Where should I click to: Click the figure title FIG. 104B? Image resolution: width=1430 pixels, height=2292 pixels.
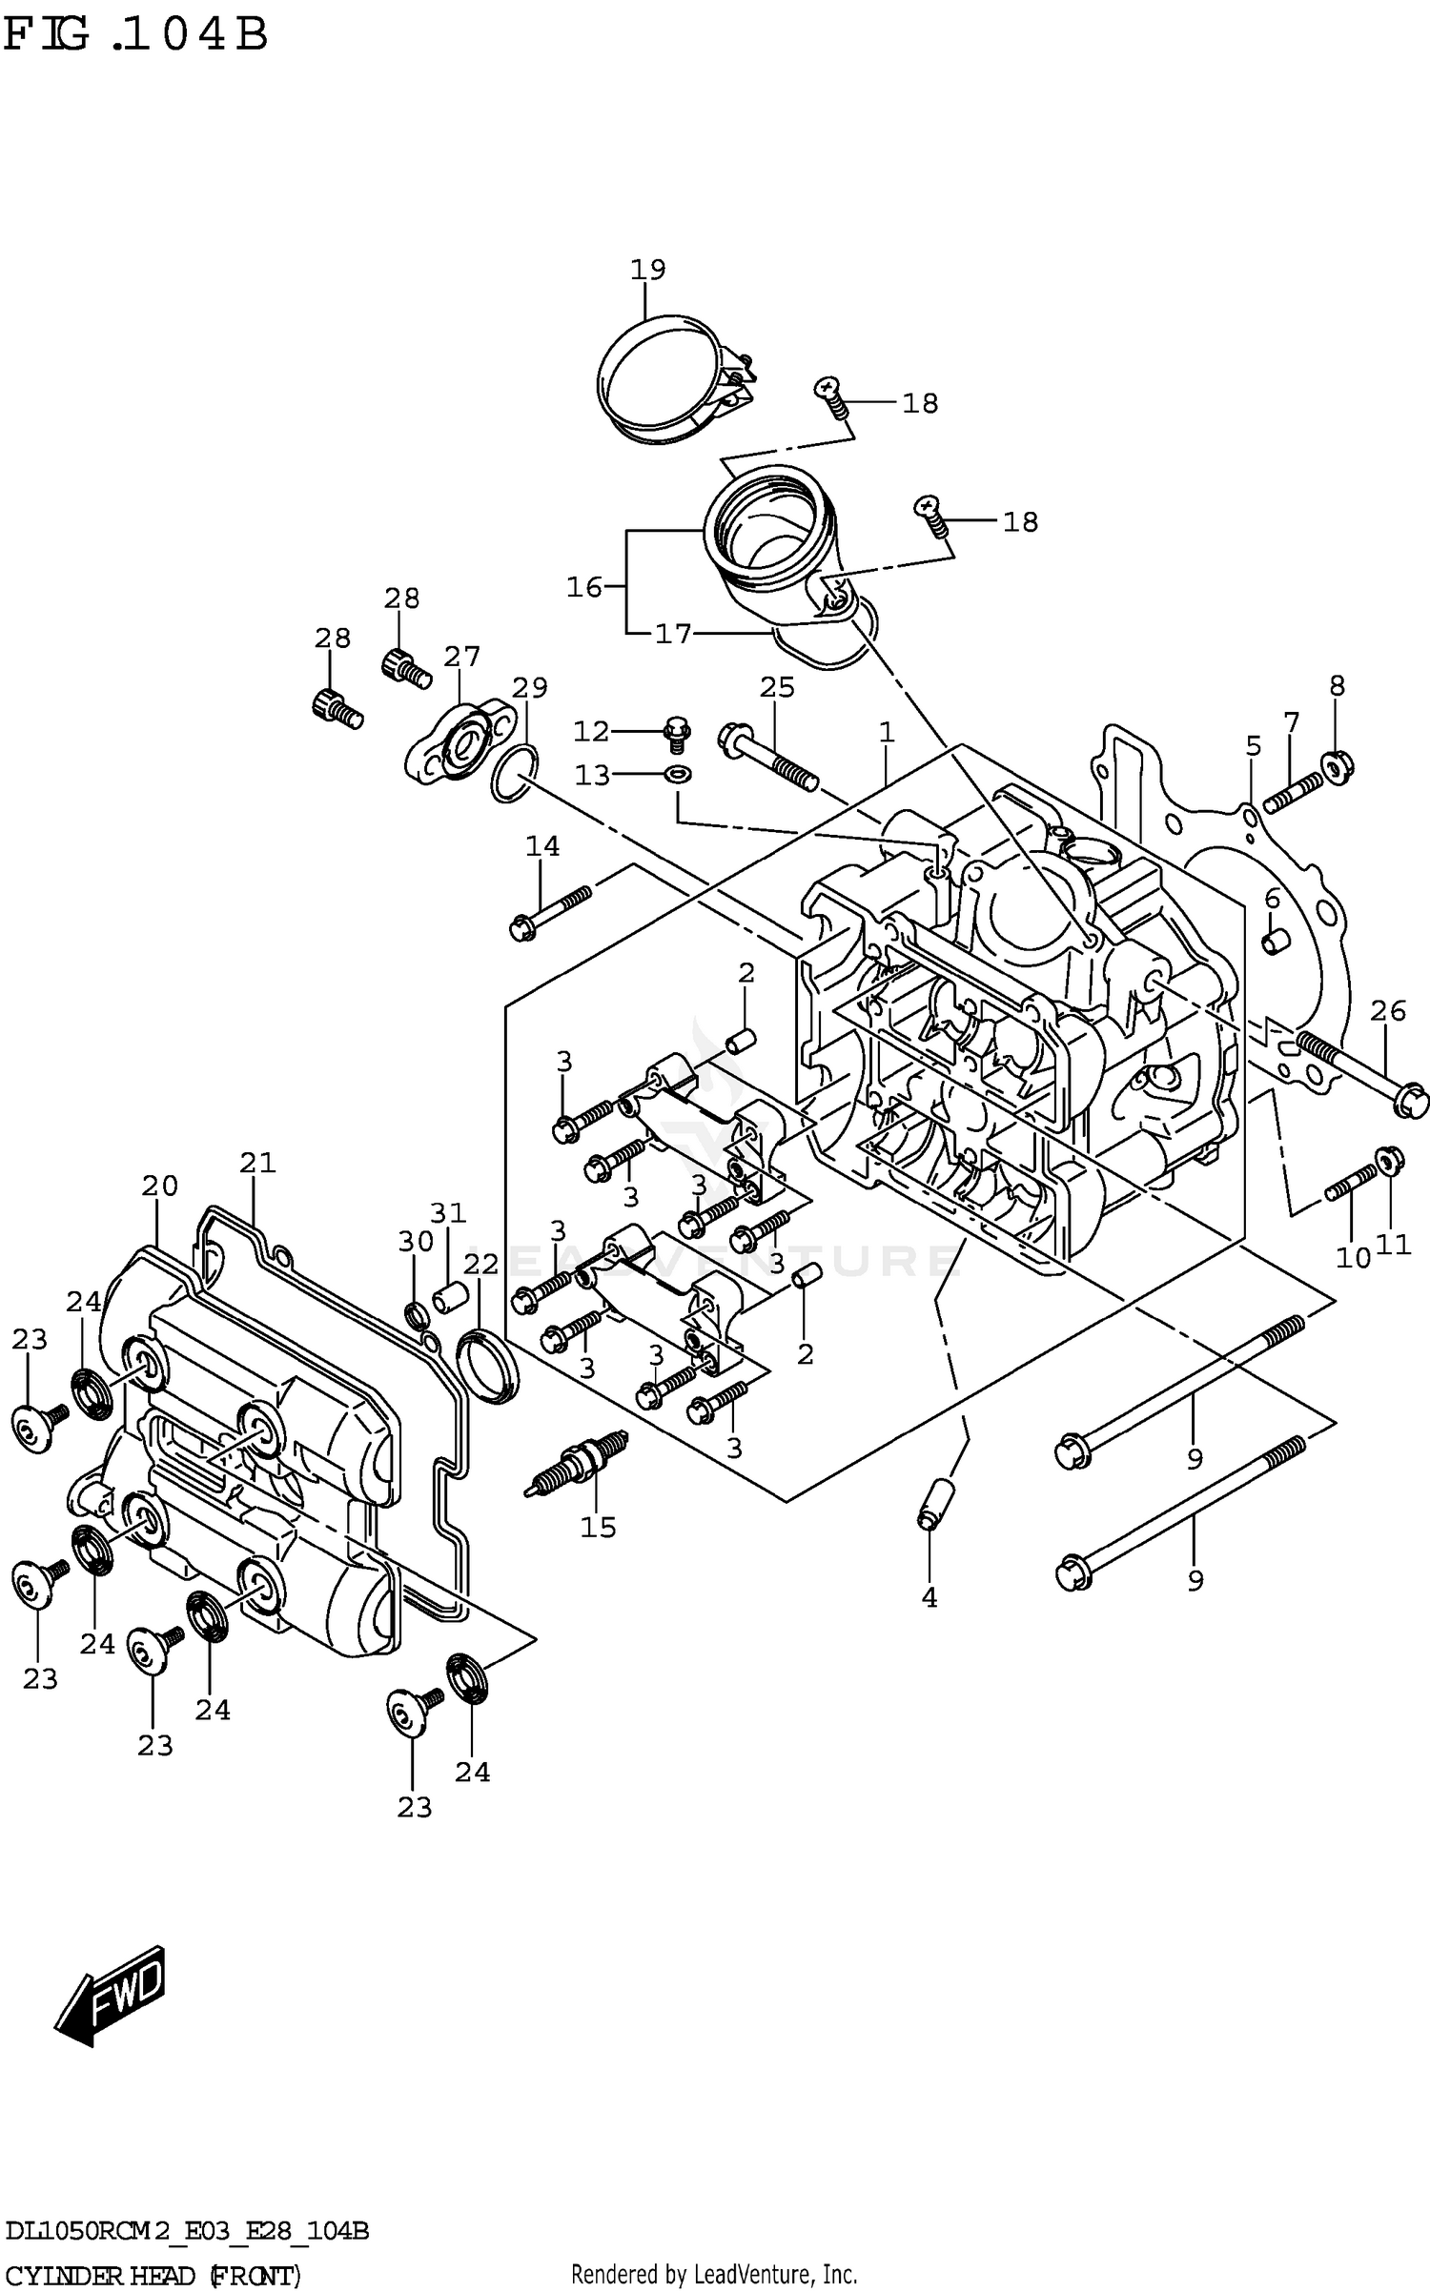click(x=135, y=35)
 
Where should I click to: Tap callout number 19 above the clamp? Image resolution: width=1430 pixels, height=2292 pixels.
click(x=647, y=270)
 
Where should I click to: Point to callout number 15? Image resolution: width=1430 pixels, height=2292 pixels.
click(x=599, y=1528)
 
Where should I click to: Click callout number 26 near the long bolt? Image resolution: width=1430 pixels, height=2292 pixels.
click(x=1387, y=1010)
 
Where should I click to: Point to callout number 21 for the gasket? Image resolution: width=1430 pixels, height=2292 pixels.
click(x=257, y=1163)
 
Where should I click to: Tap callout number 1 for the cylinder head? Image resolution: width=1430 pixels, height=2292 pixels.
click(x=887, y=732)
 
